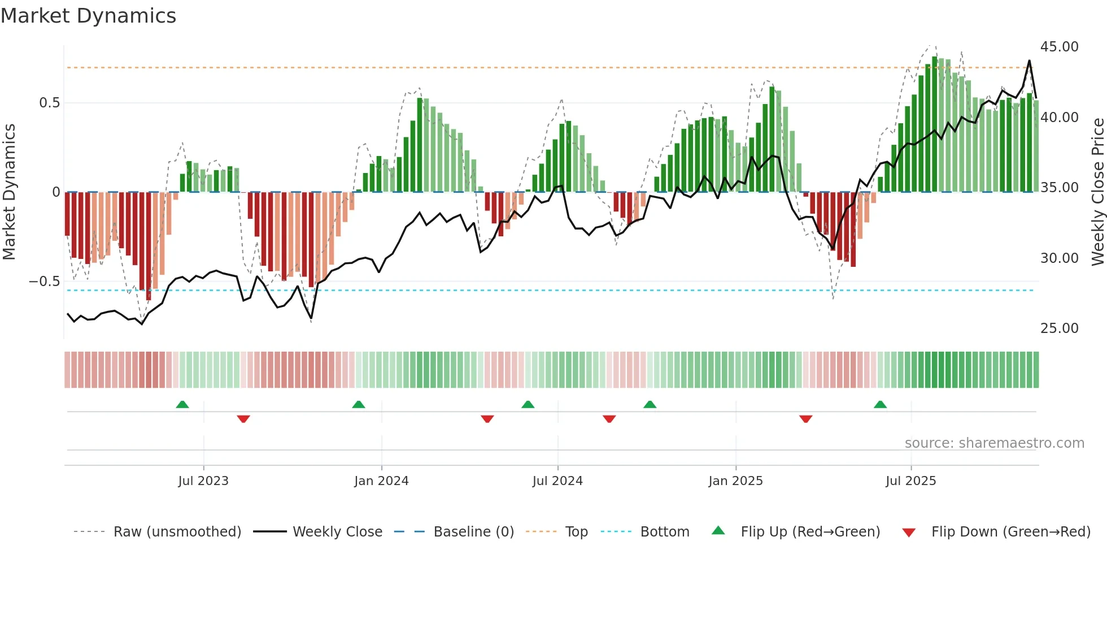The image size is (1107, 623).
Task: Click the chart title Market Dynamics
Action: pyautogui.click(x=88, y=16)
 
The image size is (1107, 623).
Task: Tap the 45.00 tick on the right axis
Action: pyautogui.click(x=1059, y=47)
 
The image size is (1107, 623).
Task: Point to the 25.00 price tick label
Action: pyautogui.click(x=1059, y=328)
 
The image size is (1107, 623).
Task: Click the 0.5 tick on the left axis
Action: pyautogui.click(x=49, y=103)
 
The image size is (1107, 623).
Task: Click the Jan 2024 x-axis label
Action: pyautogui.click(x=381, y=481)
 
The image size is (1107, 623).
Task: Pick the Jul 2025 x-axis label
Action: pyautogui.click(x=910, y=481)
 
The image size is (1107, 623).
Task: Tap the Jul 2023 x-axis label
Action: pyautogui.click(x=203, y=481)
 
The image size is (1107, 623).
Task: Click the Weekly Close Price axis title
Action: pyautogui.click(x=1097, y=192)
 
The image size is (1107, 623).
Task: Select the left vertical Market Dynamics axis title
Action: pyautogui.click(x=9, y=192)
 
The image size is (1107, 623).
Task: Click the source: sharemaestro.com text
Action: pyautogui.click(x=994, y=443)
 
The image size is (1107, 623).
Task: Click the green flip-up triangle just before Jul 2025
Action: pyautogui.click(x=880, y=405)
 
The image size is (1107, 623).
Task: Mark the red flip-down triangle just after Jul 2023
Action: pyautogui.click(x=243, y=419)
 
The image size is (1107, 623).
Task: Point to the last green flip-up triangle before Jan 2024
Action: pyautogui.click(x=358, y=405)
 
